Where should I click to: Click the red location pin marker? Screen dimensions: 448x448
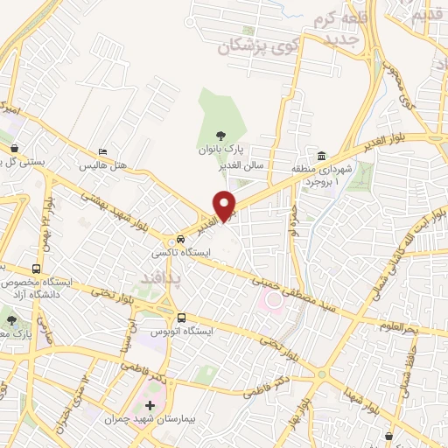click(225, 206)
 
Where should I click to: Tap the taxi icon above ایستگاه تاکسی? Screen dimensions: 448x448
click(179, 239)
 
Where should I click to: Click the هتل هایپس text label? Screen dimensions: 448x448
click(104, 165)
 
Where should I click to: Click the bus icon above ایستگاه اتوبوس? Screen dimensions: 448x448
click(181, 318)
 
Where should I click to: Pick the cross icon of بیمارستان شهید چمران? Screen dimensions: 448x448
click(150, 406)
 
